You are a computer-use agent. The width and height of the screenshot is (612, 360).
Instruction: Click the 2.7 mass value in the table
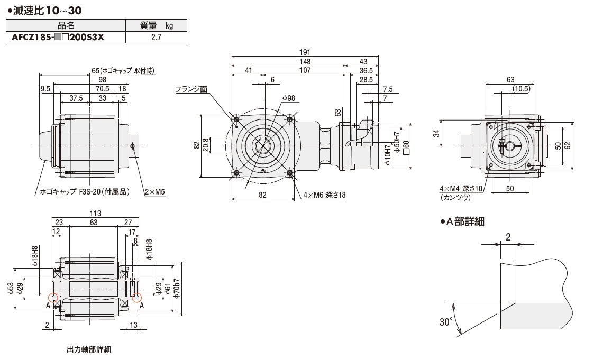click(x=156, y=38)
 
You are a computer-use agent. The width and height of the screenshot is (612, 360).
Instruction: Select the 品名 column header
click(x=66, y=26)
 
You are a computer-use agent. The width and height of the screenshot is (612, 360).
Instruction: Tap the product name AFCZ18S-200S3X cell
click(x=58, y=38)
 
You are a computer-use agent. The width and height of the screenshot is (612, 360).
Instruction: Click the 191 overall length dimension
click(x=305, y=52)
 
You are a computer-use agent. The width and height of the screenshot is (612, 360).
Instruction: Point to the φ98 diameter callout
click(x=289, y=98)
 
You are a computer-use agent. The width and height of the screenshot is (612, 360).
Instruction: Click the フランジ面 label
click(x=191, y=89)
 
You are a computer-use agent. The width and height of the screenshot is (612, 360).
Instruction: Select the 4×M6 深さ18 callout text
click(x=325, y=195)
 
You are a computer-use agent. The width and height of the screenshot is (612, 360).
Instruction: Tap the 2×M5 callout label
click(x=155, y=192)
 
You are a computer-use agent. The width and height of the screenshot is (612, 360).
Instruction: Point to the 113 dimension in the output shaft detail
click(x=95, y=214)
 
